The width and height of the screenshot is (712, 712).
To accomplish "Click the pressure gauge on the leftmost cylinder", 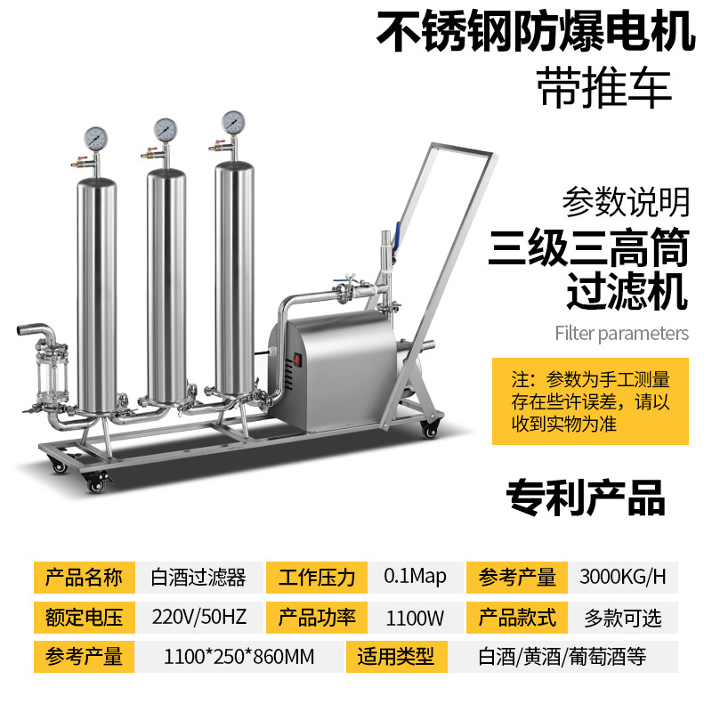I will (x=96, y=139).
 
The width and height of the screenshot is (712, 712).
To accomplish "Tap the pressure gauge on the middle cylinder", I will (x=164, y=129).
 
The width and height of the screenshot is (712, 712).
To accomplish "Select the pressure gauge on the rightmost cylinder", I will (x=233, y=121).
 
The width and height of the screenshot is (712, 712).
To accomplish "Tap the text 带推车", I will (x=605, y=88).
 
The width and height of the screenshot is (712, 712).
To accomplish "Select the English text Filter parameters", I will (x=621, y=334).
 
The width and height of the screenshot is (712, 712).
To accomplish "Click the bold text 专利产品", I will (x=585, y=498).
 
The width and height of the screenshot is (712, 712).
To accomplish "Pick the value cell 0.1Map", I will (x=415, y=576).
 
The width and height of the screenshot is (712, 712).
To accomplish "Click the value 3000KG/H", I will (x=622, y=576).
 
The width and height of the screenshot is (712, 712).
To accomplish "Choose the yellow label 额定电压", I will (x=84, y=617).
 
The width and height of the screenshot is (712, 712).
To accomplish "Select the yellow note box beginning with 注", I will (x=591, y=400).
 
